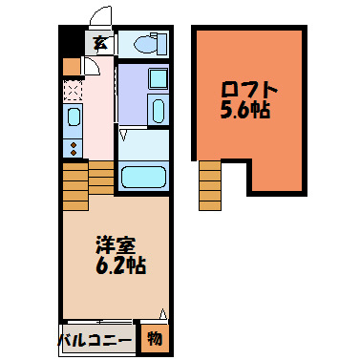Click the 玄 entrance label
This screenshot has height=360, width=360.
point(99,42)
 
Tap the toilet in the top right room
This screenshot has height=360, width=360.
point(148,43)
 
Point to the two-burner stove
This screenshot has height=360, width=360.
point(74,147)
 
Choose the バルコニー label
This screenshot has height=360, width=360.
point(95,337)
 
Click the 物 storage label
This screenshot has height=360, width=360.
point(155,337)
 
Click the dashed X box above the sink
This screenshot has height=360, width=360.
point(74,91)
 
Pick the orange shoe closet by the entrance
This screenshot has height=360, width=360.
point(70,66)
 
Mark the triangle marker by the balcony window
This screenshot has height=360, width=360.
point(162,313)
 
